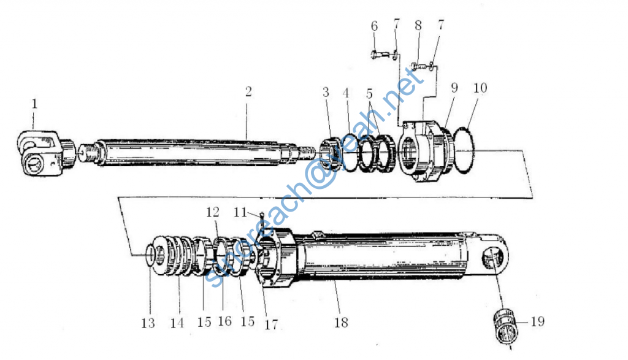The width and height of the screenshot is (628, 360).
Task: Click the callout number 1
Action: (34, 104)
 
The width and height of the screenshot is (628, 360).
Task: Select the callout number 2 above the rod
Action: (248, 91)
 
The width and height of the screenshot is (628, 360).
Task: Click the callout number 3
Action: (326, 93)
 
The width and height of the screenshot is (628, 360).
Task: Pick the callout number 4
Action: (346, 93)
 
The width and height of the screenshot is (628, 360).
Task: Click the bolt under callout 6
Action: (383, 54)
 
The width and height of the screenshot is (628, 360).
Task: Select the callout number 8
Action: (418, 26)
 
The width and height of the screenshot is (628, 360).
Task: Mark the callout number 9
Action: (454, 88)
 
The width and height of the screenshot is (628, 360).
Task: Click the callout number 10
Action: (480, 88)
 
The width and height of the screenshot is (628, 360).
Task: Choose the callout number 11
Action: (240, 212)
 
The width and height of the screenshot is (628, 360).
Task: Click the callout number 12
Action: (212, 212)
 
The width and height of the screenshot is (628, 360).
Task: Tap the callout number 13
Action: (148, 322)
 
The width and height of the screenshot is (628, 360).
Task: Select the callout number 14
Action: (177, 322)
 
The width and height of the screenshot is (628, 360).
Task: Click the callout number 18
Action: (341, 322)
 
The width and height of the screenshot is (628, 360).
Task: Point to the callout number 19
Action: (537, 321)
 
